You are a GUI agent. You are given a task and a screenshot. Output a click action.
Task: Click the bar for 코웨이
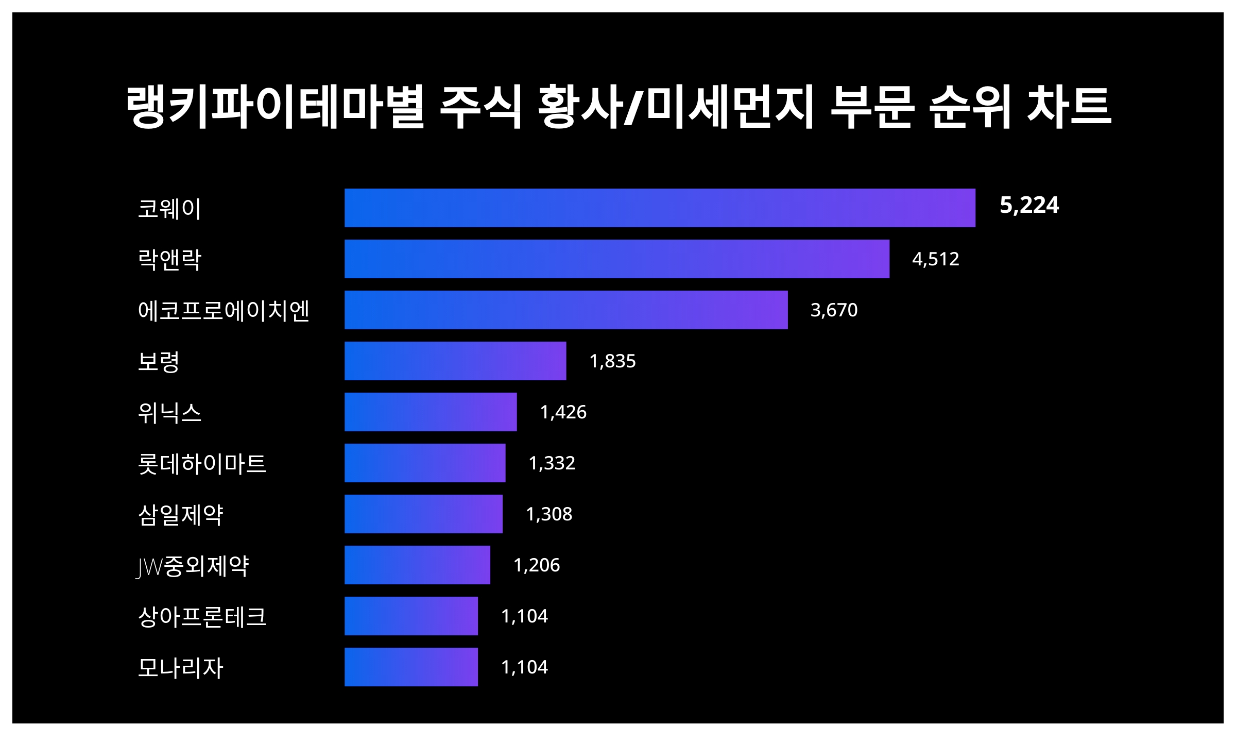point(660,208)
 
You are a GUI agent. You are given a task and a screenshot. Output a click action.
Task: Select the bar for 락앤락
point(617,259)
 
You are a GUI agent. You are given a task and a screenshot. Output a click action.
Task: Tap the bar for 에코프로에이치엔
point(566,310)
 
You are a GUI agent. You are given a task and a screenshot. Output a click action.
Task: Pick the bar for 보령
point(455,361)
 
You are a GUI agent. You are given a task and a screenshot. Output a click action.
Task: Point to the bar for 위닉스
point(431,412)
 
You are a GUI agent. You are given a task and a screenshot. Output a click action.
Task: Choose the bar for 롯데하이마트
point(425,463)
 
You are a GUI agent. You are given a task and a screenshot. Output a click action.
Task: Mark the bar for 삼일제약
point(423,514)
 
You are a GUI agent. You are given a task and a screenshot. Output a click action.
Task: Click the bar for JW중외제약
point(417,565)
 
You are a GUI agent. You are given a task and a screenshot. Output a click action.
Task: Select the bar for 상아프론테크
point(411,616)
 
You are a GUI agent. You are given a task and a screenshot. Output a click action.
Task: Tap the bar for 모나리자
point(411,667)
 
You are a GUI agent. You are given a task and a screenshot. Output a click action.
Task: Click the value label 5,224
point(1029,206)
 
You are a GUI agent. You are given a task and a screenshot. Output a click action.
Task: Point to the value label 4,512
point(935,259)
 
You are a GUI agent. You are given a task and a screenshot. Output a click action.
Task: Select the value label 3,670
point(834,310)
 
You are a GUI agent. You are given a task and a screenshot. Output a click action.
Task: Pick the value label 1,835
point(612,361)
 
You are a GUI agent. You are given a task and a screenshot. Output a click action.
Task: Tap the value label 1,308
point(549,514)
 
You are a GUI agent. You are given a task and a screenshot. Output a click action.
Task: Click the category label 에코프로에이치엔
point(224,311)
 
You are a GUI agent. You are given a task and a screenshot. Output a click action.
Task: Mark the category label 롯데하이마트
point(202,464)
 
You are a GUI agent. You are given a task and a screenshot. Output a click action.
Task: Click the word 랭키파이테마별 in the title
point(275,107)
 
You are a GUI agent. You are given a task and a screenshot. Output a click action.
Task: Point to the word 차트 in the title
point(1069,107)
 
